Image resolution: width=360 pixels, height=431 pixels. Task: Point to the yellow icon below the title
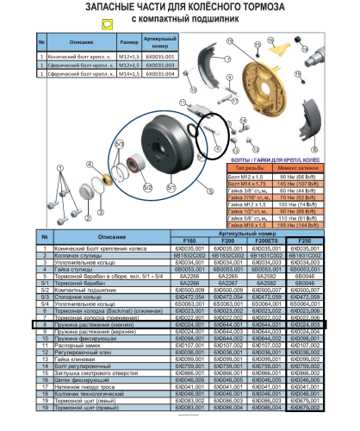(x=107, y=25)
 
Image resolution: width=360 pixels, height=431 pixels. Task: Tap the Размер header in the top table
(x=130, y=42)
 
